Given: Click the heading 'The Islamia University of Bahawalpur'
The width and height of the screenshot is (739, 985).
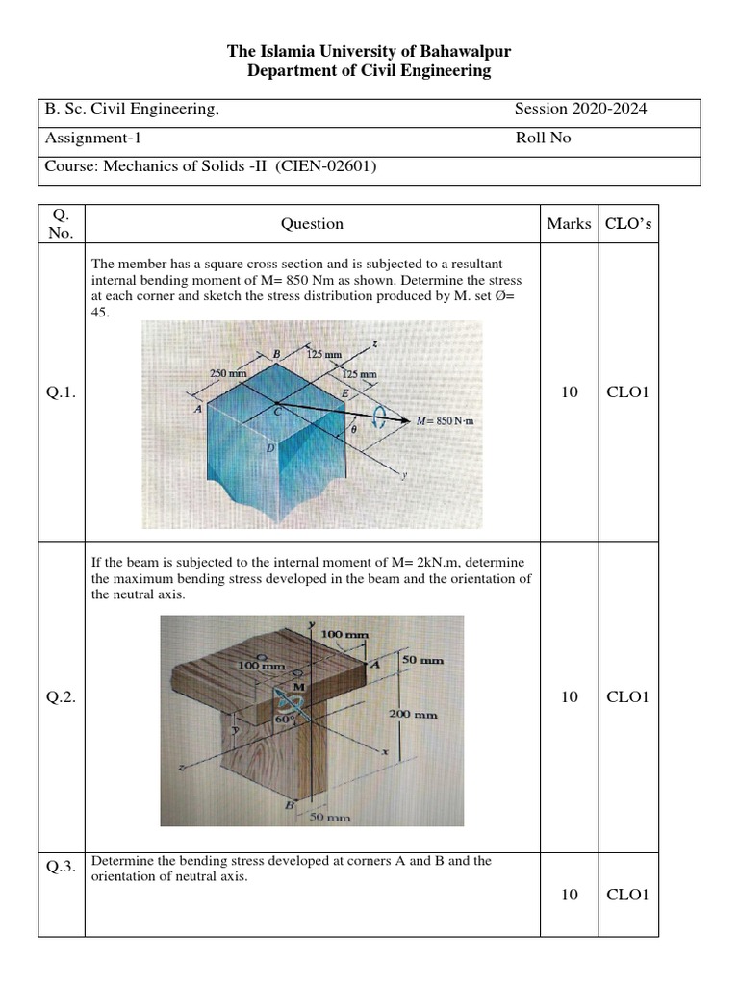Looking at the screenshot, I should [x=369, y=52].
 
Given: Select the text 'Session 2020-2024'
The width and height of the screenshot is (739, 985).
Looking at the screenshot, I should [x=580, y=109].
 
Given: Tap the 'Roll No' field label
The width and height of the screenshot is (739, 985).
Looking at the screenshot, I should [x=543, y=138].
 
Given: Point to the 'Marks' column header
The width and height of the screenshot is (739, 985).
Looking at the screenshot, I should [x=569, y=224].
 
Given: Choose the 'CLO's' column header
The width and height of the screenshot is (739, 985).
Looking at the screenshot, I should [x=629, y=224].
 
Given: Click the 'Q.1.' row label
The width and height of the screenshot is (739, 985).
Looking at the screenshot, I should [x=61, y=392].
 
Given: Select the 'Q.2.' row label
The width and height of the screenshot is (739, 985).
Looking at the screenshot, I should [x=61, y=696].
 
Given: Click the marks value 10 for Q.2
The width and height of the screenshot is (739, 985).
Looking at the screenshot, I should [x=569, y=696].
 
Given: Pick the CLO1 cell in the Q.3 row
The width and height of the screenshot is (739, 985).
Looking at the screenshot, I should [x=629, y=895].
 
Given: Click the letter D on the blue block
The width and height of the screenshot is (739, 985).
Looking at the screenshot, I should [x=270, y=449].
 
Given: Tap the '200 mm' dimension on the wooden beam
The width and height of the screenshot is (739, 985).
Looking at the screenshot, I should [x=413, y=715].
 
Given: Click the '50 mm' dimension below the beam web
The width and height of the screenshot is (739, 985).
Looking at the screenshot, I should [x=329, y=818].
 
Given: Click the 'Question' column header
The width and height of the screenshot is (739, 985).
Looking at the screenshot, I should [x=312, y=224].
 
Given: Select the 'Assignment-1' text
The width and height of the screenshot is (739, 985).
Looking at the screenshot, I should [x=93, y=138].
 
